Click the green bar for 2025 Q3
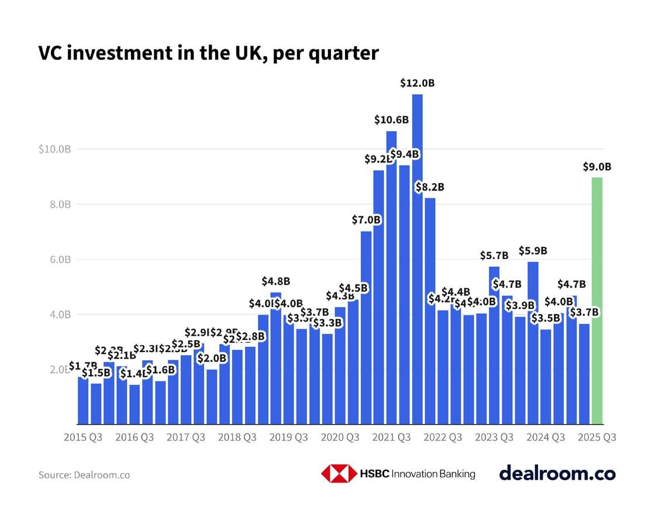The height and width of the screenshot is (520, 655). coord(597,301)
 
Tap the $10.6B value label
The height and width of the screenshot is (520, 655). coord(391,120)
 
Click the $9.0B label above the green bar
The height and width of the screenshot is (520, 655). coord(597,167)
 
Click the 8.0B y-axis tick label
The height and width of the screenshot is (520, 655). coord(58,204)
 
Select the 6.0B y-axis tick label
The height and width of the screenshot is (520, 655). coord(58,259)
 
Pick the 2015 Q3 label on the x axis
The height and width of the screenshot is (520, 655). coord(83,438)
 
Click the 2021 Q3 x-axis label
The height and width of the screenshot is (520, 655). coord(392,438)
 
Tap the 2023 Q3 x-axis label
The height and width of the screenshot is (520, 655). coord(494,438)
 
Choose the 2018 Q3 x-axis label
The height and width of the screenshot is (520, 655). coord(237,438)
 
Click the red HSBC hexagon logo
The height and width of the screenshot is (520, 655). coord(339,474)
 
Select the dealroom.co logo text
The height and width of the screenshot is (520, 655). coord(557,473)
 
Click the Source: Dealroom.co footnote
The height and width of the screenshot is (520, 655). coord(84,475)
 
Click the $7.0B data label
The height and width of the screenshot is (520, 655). coord(367,220)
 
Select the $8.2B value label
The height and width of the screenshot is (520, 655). coord(430,187)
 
